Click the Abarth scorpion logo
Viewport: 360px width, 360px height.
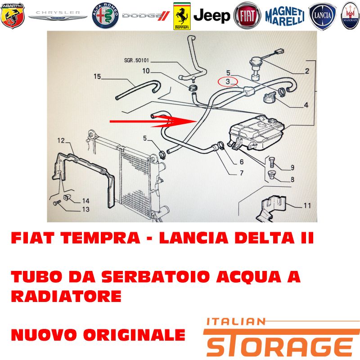[13, 16]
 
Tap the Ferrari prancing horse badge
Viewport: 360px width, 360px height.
[182, 16]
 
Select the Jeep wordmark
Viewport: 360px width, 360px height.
[211, 16]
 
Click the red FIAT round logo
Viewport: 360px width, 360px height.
[247, 16]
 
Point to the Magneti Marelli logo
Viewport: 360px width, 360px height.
[285, 16]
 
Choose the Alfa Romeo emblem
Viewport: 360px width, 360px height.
[105, 16]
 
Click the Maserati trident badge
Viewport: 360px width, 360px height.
[350, 16]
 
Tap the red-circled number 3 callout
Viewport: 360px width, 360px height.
[228, 81]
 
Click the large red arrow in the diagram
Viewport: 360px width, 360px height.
[153, 121]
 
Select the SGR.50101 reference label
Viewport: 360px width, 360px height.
[136, 60]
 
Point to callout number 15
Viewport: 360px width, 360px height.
[97, 76]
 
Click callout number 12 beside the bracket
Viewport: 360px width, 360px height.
[61, 140]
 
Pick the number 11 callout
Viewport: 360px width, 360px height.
[307, 205]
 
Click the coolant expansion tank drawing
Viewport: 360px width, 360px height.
[256, 133]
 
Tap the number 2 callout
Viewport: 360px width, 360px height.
[307, 71]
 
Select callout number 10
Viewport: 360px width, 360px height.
[146, 71]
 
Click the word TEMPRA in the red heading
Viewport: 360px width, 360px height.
[100, 238]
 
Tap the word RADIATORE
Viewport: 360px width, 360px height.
[66, 296]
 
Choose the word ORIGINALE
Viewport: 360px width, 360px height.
[134, 334]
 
